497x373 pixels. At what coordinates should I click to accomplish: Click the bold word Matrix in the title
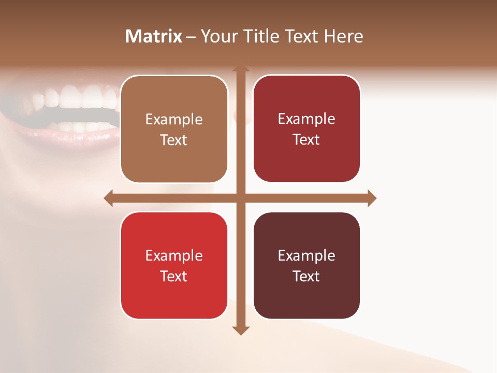[154, 36]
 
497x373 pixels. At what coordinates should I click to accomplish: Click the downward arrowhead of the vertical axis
[241, 330]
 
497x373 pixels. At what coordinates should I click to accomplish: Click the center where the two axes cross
[241, 198]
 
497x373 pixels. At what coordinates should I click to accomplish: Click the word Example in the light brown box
[174, 120]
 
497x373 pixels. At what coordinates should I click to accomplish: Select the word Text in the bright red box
[174, 276]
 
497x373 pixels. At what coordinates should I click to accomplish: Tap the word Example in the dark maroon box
[306, 255]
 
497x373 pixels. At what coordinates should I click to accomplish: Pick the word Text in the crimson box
[306, 140]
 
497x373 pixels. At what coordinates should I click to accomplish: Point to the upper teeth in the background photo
[78, 97]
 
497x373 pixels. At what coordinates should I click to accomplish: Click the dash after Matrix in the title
[191, 37]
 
